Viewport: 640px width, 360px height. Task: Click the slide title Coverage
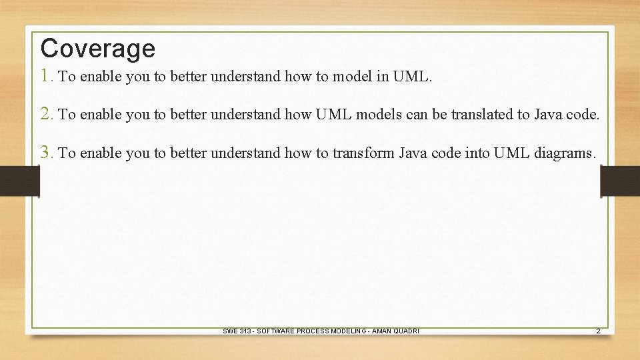97,49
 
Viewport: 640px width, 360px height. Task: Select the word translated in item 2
482,115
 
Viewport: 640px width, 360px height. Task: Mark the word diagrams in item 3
565,153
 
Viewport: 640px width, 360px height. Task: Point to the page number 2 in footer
598,331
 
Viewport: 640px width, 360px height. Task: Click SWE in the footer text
229,331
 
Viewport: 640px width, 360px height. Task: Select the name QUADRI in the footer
405,331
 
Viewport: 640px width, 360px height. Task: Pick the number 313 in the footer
245,331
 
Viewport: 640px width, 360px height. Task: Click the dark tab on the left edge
19,180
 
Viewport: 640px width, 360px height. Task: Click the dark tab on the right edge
620,180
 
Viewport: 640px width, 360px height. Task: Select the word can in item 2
417,115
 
